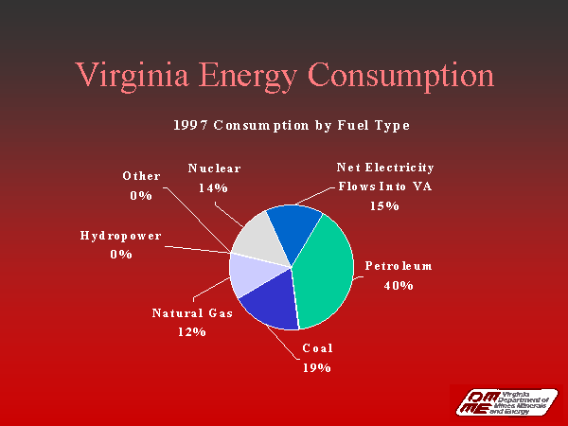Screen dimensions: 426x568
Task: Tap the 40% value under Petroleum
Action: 399,285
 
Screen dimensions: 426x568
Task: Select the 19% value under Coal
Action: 316,367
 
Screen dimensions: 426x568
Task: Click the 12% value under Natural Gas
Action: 192,331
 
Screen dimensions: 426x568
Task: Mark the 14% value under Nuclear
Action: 214,187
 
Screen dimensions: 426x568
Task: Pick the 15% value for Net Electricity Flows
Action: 385,205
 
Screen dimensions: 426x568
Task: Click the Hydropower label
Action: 120,235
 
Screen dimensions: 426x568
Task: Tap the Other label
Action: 141,176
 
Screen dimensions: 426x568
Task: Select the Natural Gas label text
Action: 192,312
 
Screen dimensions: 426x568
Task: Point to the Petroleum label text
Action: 399,266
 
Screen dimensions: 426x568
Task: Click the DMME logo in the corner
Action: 504,401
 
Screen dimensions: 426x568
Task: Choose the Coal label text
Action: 317,348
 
